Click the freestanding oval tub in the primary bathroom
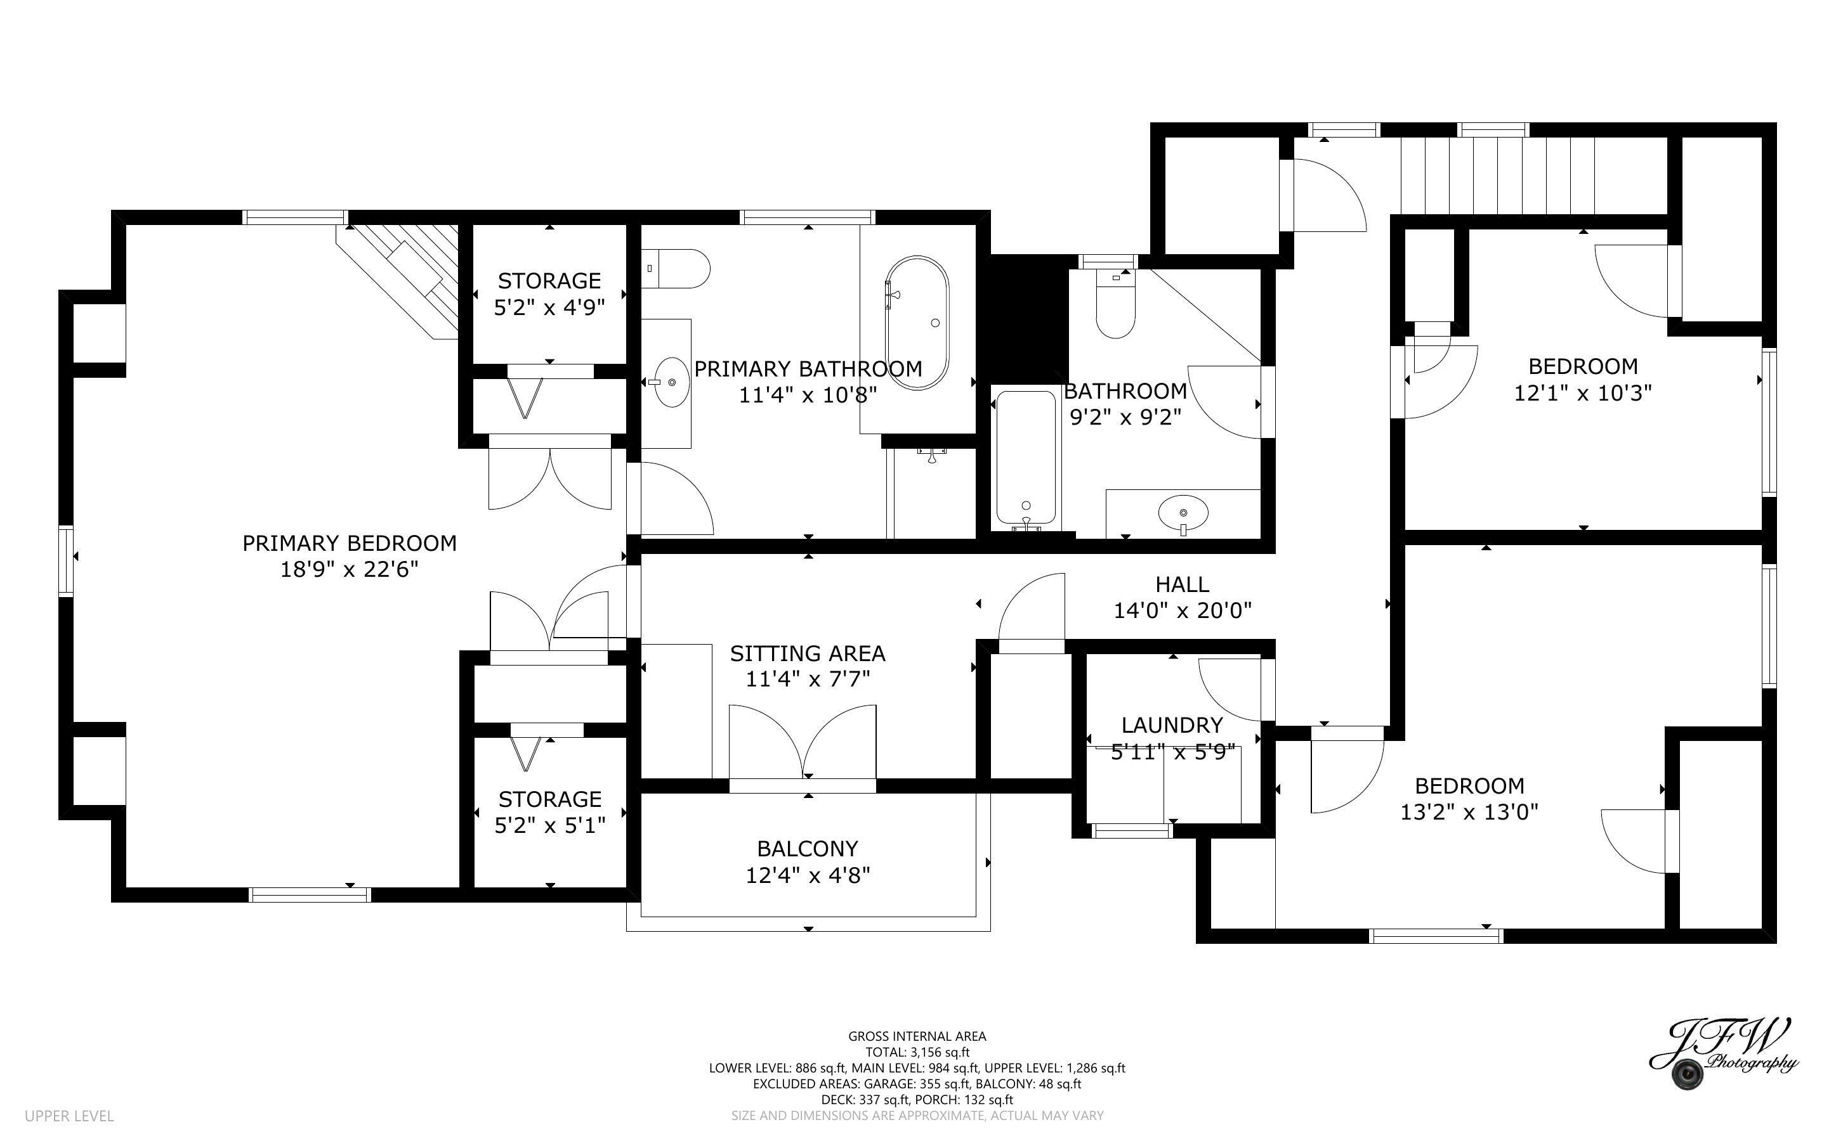[917, 323]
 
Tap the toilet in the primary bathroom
[679, 268]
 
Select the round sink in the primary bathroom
[671, 383]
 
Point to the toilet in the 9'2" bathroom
[1115, 307]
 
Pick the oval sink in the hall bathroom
[1183, 513]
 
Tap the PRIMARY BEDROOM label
[349, 543]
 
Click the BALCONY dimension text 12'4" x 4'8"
[808, 875]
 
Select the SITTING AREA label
[808, 653]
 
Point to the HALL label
[1181, 584]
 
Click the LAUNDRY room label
[1172, 725]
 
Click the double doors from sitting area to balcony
[803, 743]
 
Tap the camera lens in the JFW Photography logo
[1688, 1074]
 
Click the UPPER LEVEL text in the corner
[69, 1116]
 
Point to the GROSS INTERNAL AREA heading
[917, 1036]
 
